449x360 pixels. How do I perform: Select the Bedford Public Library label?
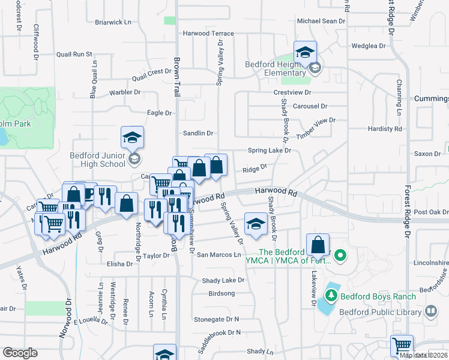pyautogui.click(x=381, y=311)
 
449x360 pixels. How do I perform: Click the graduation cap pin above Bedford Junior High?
pyautogui.click(x=132, y=139)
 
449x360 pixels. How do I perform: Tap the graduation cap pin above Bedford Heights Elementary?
pyautogui.click(x=305, y=52)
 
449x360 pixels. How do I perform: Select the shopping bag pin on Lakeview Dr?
pyautogui.click(x=319, y=245)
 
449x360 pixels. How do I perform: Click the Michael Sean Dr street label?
pyautogui.click(x=322, y=20)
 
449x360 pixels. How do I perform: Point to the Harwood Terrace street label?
pyautogui.click(x=208, y=34)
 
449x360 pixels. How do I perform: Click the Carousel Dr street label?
pyautogui.click(x=310, y=106)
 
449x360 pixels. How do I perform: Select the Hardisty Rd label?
pyautogui.click(x=385, y=129)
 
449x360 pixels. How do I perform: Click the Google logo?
pyautogui.click(x=20, y=353)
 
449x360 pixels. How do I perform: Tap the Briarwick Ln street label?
pyautogui.click(x=113, y=22)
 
